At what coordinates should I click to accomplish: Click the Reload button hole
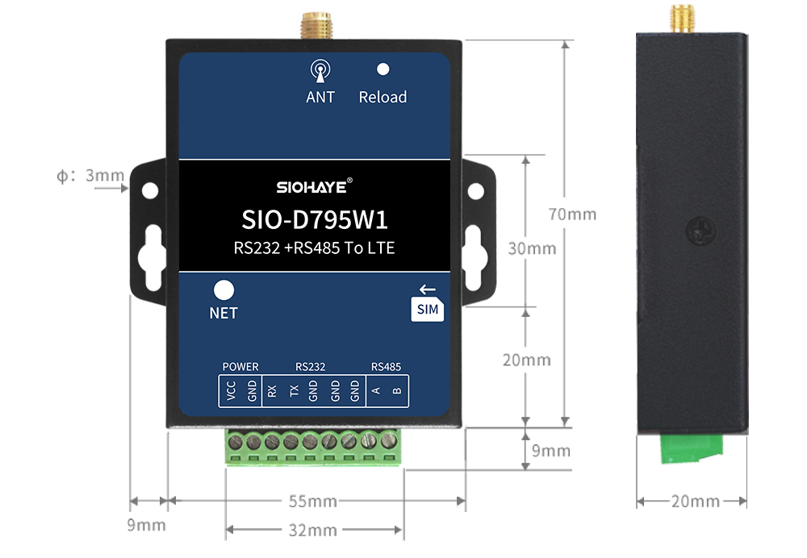click(383, 70)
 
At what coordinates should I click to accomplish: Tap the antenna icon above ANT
click(320, 71)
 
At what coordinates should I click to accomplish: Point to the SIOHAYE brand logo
click(314, 187)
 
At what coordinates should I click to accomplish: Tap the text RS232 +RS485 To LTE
click(314, 248)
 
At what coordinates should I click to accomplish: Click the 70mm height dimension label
click(572, 214)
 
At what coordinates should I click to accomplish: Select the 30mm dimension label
click(532, 248)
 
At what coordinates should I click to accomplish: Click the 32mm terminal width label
click(313, 530)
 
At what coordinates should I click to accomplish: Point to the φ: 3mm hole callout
click(90, 175)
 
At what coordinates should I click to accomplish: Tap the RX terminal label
click(272, 392)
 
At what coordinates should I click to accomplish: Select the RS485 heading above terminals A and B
click(386, 367)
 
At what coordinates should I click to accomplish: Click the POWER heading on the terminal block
click(240, 367)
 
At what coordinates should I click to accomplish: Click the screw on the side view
click(700, 233)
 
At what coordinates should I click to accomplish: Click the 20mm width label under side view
click(694, 502)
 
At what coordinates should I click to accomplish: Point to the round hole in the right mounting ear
click(476, 191)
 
